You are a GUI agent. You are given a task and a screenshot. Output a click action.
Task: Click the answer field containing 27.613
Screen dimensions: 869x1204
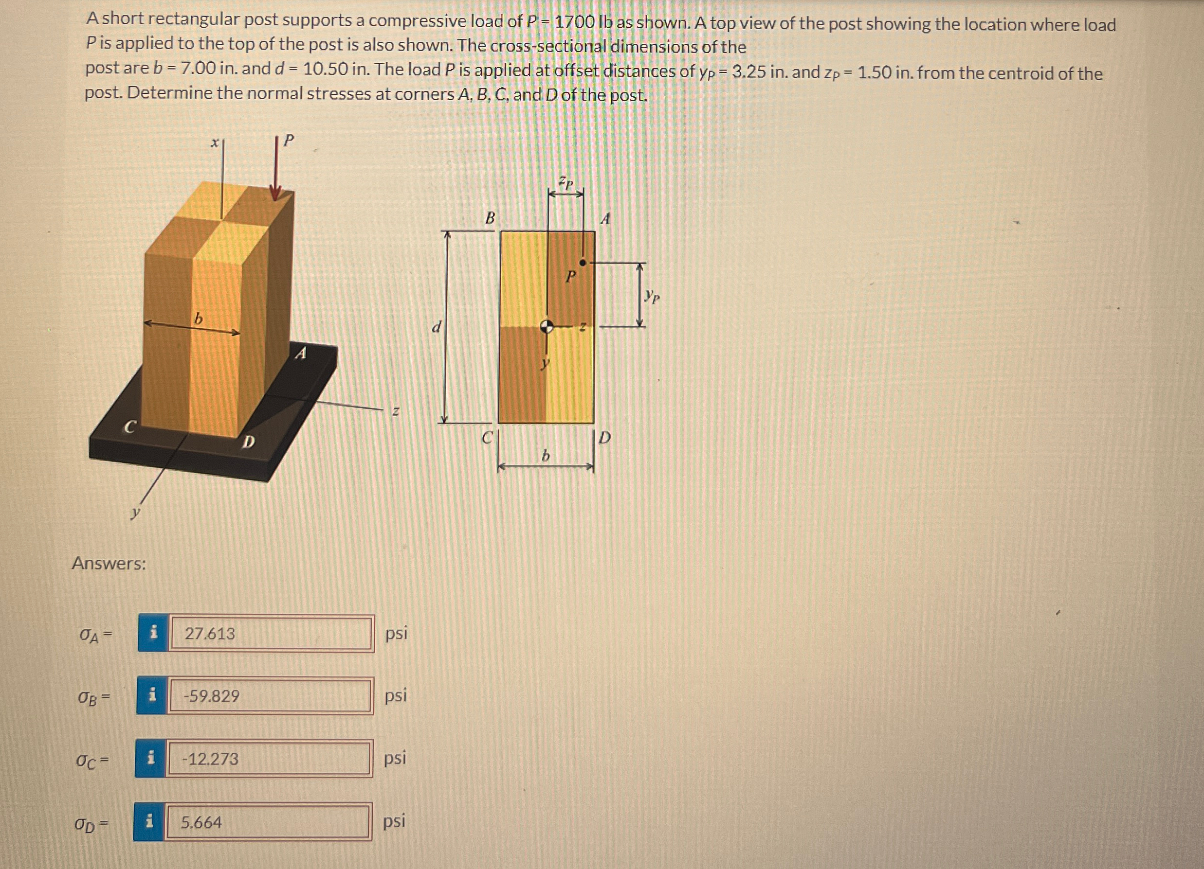coord(271,634)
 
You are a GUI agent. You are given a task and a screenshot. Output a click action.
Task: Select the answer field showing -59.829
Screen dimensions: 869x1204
coord(270,695)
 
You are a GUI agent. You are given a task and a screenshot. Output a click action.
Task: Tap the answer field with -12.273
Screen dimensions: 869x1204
coord(269,759)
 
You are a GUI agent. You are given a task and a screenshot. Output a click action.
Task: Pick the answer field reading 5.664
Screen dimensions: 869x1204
coord(268,822)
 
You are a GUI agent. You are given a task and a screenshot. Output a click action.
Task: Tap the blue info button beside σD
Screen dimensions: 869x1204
coord(149,822)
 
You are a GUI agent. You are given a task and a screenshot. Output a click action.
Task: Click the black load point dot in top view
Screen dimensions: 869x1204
coord(583,263)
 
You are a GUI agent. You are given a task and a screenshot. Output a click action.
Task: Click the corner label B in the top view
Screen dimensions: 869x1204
coord(491,218)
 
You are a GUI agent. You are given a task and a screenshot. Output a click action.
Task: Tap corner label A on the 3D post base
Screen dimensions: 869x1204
coord(301,354)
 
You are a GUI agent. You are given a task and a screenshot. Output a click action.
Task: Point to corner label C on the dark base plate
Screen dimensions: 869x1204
coord(129,427)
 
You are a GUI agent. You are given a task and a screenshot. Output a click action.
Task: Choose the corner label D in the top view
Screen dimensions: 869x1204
coord(604,438)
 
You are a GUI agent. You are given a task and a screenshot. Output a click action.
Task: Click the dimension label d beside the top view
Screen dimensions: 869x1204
coord(437,327)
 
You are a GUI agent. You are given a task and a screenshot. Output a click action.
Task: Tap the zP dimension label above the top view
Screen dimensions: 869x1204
coord(566,183)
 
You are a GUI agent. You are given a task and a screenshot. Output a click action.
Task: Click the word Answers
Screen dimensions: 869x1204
coord(109,563)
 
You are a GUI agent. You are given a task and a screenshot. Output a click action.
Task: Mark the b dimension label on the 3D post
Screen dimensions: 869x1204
coord(198,319)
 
